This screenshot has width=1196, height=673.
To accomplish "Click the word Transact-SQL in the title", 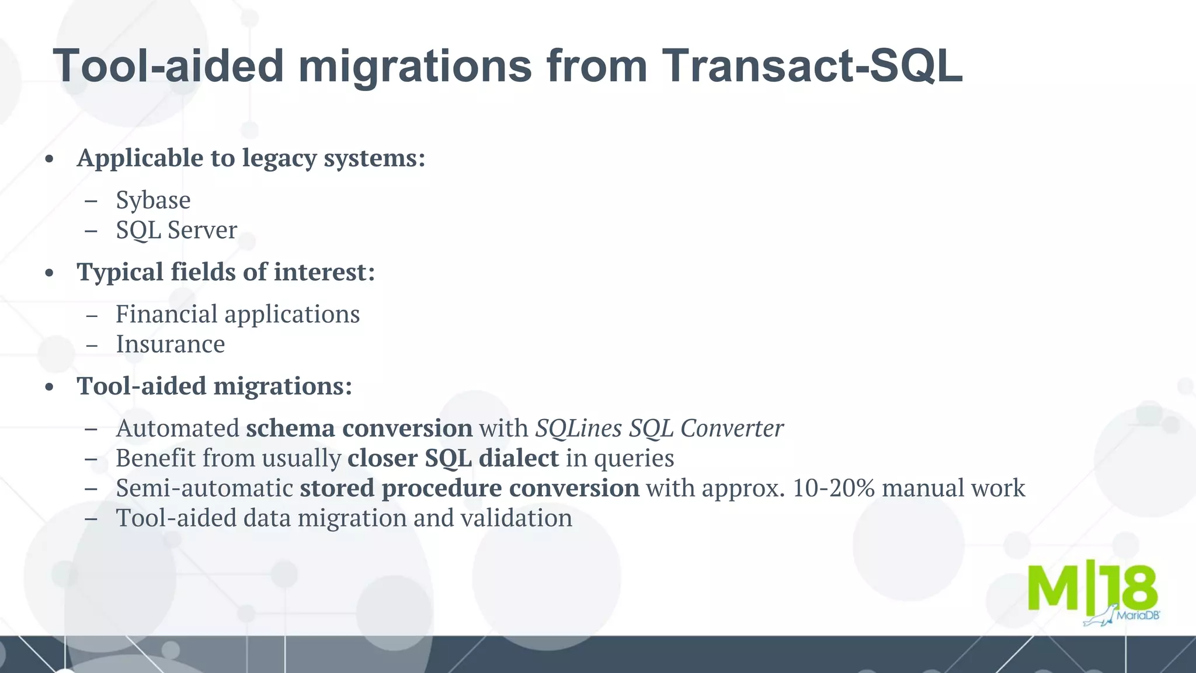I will pyautogui.click(x=812, y=65).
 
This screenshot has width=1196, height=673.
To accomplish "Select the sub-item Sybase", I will pyautogui.click(x=153, y=200).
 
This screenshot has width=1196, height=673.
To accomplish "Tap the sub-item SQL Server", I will pyautogui.click(x=176, y=230).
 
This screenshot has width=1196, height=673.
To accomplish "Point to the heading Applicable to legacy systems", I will pyautogui.click(x=251, y=158).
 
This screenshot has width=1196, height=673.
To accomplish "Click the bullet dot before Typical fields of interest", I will pyautogui.click(x=50, y=273).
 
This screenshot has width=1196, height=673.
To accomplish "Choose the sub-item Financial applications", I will pyautogui.click(x=238, y=314).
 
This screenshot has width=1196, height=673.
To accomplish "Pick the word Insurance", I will pyautogui.click(x=170, y=344).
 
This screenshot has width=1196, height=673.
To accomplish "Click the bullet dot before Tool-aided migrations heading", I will pyautogui.click(x=50, y=387).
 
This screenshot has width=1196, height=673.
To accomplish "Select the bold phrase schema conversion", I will pyautogui.click(x=359, y=428).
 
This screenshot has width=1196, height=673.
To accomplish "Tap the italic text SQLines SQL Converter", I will pyautogui.click(x=659, y=428).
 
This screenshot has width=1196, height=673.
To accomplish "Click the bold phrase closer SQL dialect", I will pyautogui.click(x=453, y=458).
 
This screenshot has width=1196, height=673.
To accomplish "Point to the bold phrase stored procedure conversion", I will pyautogui.click(x=469, y=488).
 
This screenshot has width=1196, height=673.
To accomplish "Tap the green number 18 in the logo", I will pyautogui.click(x=1130, y=587).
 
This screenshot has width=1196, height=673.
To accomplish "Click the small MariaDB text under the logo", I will pyautogui.click(x=1138, y=615).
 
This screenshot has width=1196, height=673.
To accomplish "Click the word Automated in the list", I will pyautogui.click(x=178, y=428).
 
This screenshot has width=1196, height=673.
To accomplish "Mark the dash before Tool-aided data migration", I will pyautogui.click(x=91, y=518).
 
